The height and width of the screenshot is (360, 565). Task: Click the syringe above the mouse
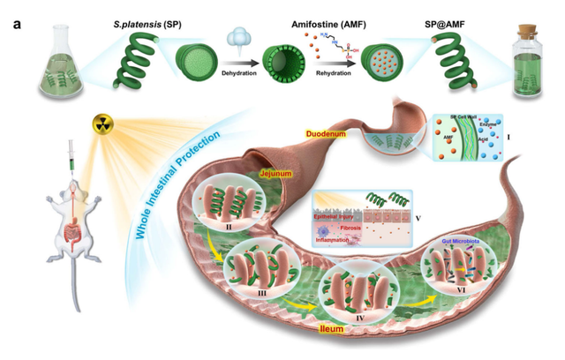click(x=68, y=163)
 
